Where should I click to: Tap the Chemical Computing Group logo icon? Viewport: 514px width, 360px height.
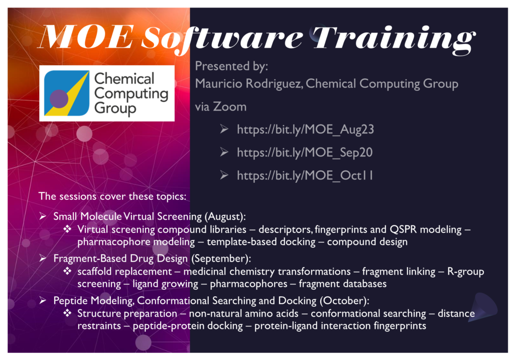click(x=66, y=93)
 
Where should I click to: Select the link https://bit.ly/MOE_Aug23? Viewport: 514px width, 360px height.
click(x=305, y=130)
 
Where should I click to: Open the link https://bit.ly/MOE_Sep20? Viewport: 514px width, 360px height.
click(x=304, y=153)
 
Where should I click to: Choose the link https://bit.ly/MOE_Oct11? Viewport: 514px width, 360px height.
click(x=305, y=176)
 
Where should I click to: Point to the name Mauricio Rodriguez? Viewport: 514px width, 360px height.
click(x=248, y=83)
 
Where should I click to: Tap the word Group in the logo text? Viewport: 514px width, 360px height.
click(x=115, y=108)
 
